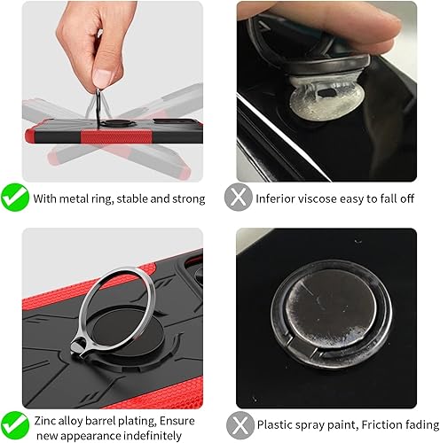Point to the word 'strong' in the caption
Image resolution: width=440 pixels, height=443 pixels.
click(186, 198)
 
